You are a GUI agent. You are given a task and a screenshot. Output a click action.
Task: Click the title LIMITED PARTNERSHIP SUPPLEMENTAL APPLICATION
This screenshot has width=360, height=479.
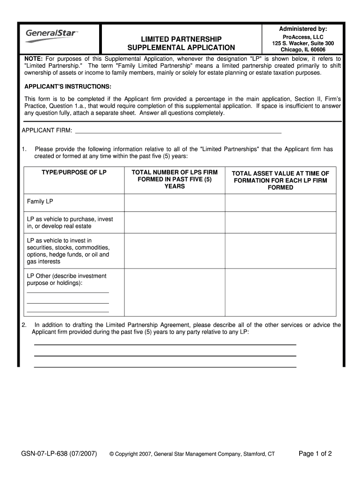182,43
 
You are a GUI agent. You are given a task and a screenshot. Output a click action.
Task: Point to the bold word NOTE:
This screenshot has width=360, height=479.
34,59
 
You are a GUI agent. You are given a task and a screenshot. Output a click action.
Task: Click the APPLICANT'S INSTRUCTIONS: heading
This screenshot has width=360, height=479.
68,87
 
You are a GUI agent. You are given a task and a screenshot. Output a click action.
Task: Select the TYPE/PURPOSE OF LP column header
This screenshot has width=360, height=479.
74,173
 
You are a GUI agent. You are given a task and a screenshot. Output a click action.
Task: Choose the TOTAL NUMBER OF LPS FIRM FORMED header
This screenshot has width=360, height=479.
174,179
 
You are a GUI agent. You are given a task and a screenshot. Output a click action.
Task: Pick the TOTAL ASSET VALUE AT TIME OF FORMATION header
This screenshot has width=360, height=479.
281,180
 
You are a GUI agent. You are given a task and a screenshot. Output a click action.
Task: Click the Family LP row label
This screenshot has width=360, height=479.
40,202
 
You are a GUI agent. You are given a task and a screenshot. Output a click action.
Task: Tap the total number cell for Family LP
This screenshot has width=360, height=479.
174,203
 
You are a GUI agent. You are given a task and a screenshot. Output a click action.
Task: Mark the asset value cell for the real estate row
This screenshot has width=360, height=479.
281,222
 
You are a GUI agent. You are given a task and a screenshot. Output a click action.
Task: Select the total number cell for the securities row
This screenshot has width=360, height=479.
174,251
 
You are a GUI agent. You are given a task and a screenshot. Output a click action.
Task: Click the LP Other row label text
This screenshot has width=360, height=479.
66,279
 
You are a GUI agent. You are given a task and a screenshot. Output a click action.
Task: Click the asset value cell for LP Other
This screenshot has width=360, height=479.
281,292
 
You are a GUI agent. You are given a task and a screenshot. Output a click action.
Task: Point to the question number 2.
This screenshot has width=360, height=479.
24,325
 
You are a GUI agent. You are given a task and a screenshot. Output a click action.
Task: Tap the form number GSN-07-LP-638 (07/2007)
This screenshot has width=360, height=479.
59,453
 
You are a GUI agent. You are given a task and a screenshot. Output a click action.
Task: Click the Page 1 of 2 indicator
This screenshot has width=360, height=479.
315,453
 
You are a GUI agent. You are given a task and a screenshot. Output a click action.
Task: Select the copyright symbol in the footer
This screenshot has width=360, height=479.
112,454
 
